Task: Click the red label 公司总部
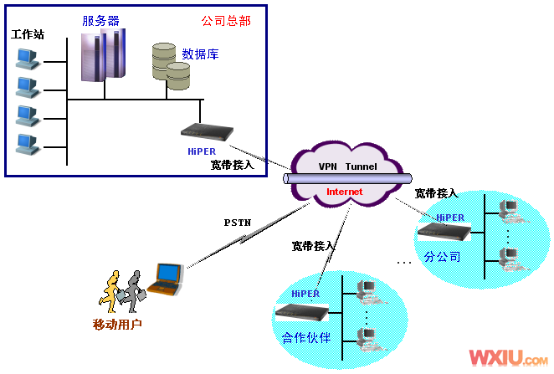tap(226, 20)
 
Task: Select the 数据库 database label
tap(200, 54)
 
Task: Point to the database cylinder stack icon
tap(172, 64)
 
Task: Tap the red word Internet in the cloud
tap(345, 192)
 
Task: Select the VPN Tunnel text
tap(347, 166)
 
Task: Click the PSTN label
tap(237, 223)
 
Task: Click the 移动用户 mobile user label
tap(117, 323)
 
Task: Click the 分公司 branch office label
tap(443, 256)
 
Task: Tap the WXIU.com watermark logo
tap(508, 357)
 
